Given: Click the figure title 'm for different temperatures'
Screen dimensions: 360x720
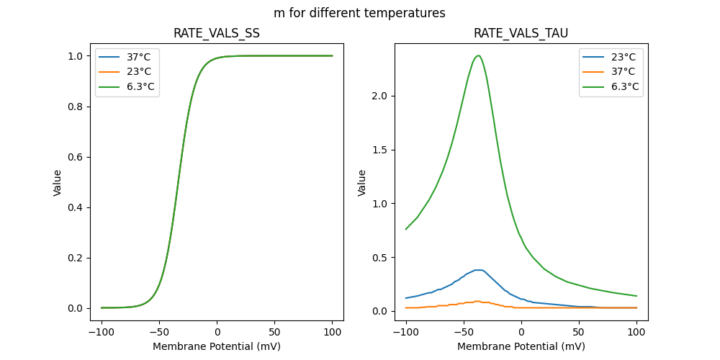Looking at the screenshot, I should tap(359, 13).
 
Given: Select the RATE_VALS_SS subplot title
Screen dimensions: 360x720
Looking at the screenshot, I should tap(217, 34).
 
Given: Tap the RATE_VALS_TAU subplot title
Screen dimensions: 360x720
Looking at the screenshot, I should tap(521, 34).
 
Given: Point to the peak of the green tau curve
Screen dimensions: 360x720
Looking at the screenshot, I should tap(478, 55).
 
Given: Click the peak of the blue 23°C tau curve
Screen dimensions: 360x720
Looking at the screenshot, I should tap(478, 270).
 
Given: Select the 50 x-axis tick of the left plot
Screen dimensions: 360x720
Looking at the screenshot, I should tap(274, 332).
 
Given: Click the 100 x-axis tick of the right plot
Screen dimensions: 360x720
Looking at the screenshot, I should tap(636, 332).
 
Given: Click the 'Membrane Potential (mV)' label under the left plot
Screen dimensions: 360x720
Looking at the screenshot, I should tap(217, 346).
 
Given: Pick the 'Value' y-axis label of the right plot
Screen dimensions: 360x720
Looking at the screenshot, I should tap(362, 183).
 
